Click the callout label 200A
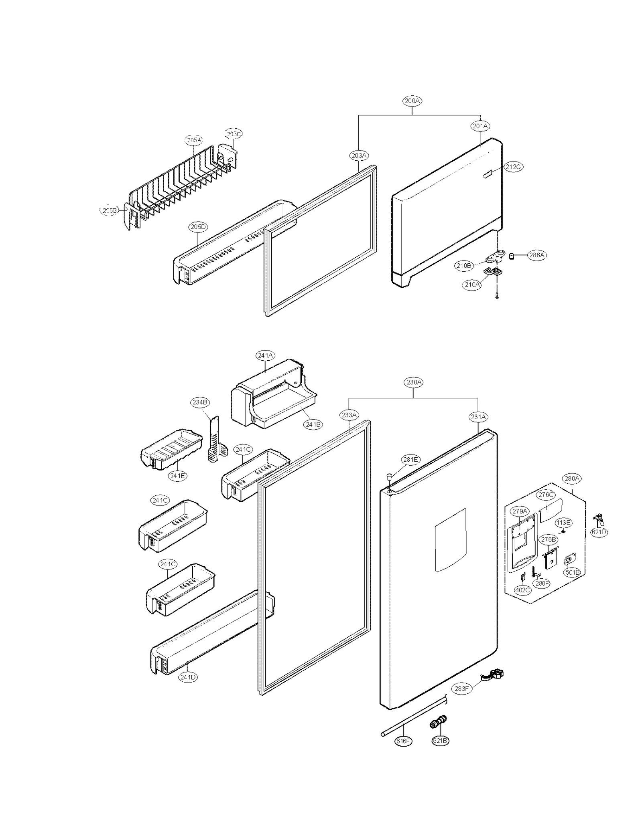click(412, 101)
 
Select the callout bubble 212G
click(513, 167)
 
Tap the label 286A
click(536, 255)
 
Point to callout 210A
click(472, 285)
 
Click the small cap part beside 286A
click(512, 255)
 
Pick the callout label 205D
click(198, 227)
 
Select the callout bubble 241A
click(265, 355)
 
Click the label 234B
click(200, 402)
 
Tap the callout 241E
click(177, 476)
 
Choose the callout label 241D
click(188, 677)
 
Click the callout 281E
click(410, 460)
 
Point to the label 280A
click(572, 479)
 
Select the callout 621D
click(599, 533)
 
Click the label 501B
click(572, 572)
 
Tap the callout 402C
click(522, 590)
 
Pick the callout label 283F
click(461, 689)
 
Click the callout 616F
click(403, 741)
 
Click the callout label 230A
click(414, 382)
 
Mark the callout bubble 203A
click(359, 155)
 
